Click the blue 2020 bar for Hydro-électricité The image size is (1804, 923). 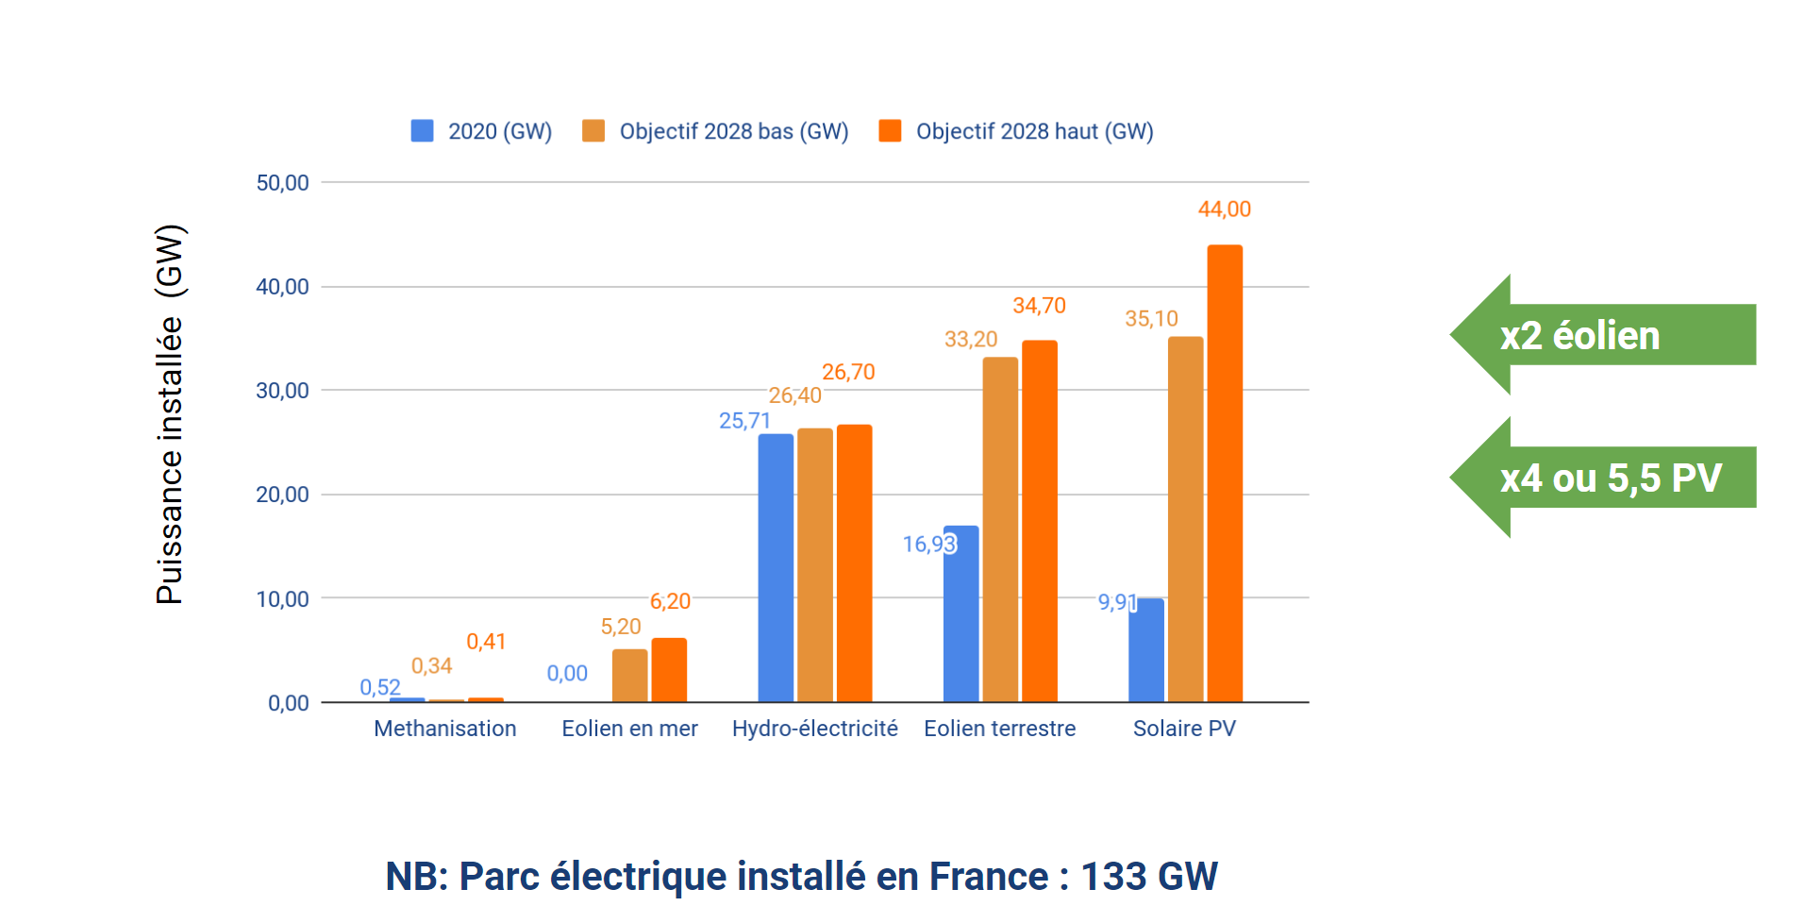click(x=775, y=566)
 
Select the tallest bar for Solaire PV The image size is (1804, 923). click(x=1224, y=472)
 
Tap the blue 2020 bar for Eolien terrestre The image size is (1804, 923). click(x=960, y=613)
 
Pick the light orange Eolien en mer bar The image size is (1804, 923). click(x=629, y=676)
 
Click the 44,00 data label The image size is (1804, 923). click(x=1224, y=210)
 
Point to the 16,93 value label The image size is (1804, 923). click(x=928, y=545)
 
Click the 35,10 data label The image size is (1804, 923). click(x=1150, y=319)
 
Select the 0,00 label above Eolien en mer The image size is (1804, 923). click(x=567, y=674)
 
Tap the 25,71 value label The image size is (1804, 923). click(x=744, y=421)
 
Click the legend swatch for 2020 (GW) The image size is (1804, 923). click(x=422, y=131)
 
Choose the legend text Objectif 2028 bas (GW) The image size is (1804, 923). click(x=733, y=131)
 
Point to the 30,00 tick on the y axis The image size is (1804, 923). click(x=282, y=391)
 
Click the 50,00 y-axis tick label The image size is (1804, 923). click(x=282, y=183)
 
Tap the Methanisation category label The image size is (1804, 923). click(x=444, y=729)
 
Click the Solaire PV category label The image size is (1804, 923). click(x=1183, y=729)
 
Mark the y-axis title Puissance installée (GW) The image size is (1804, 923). click(x=170, y=415)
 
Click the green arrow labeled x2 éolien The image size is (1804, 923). click(x=1604, y=335)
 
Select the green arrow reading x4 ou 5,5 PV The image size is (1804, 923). click(x=1604, y=478)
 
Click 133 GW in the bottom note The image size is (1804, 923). click(x=1148, y=876)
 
